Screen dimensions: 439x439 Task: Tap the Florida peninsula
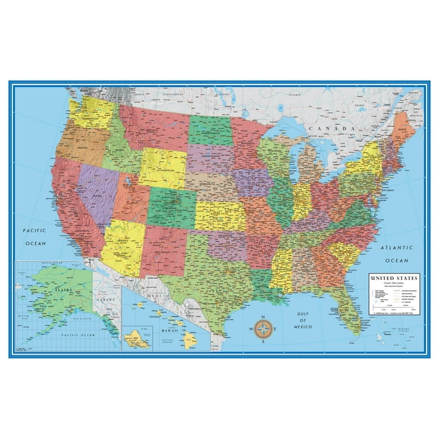350,312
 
